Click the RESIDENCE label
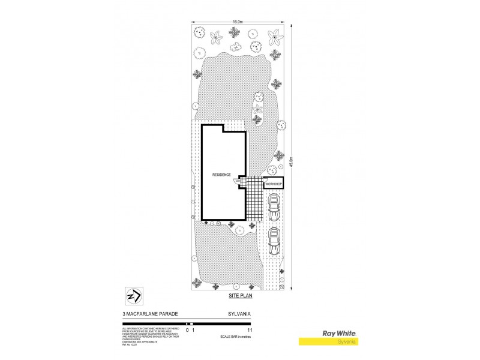coord(221,175)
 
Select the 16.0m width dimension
coord(238,21)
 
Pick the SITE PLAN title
coord(238,296)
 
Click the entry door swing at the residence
coord(239,181)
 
